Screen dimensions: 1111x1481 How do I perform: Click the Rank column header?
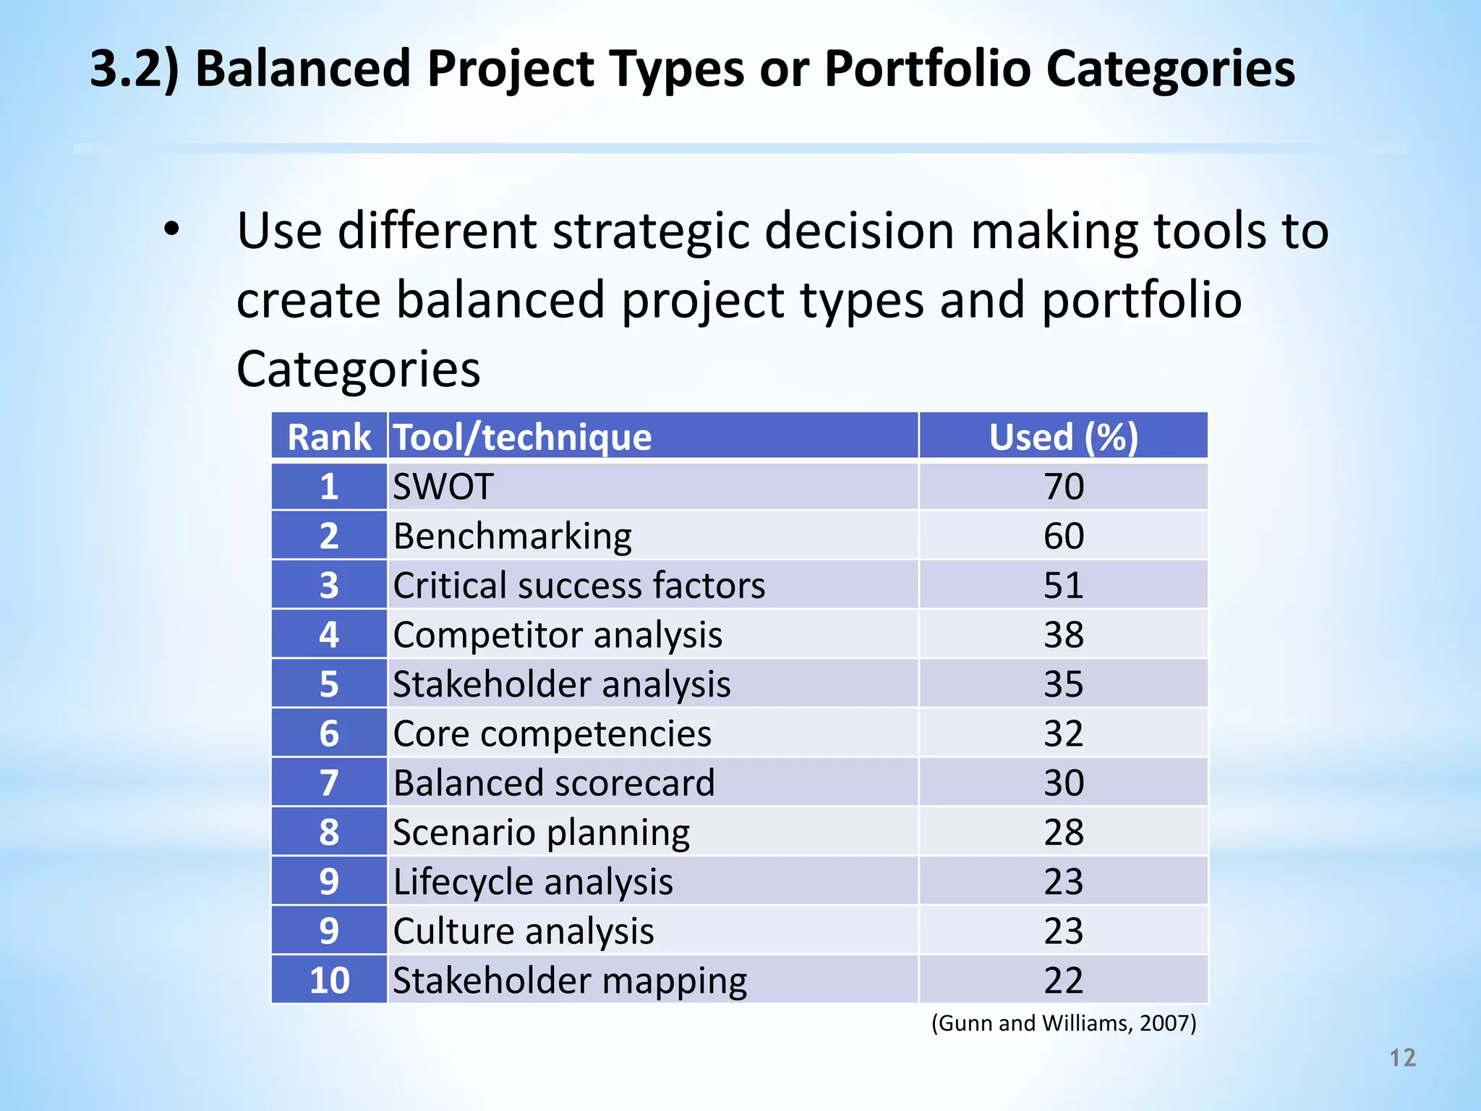[329, 437]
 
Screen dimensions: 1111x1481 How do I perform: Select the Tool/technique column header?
[522, 437]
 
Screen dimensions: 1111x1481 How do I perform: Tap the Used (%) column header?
[1063, 437]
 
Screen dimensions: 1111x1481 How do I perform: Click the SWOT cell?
[443, 486]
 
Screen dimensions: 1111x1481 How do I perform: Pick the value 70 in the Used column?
[1063, 486]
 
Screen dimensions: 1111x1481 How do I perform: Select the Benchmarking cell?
[512, 536]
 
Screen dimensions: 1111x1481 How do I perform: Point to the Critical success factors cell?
[579, 585]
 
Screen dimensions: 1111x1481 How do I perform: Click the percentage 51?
[1063, 585]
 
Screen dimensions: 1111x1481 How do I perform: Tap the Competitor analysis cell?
[557, 635]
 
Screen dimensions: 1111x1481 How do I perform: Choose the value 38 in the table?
[1063, 635]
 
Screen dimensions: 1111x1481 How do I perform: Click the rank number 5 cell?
[329, 684]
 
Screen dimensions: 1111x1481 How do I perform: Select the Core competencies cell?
[552, 733]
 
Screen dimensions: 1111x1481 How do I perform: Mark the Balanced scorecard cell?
[553, 783]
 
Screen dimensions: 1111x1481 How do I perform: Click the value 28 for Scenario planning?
[1063, 833]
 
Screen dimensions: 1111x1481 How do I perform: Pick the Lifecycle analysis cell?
[533, 882]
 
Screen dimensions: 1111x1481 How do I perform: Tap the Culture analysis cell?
[524, 931]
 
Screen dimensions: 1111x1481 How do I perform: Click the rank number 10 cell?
[329, 981]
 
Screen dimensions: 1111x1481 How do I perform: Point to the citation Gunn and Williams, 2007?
[1063, 1023]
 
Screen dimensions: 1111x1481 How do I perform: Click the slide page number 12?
[1402, 1058]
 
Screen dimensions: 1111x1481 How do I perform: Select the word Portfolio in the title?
[927, 69]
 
